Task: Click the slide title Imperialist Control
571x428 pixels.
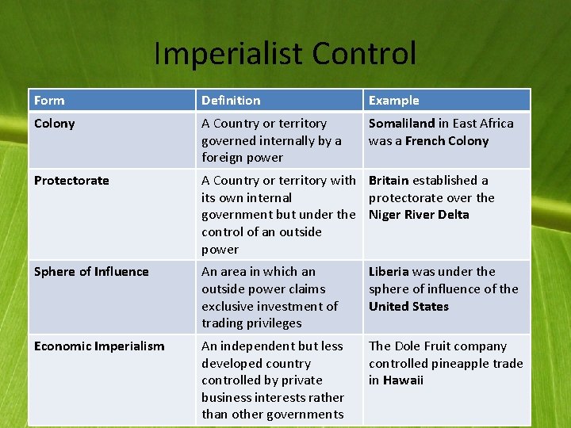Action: pyautogui.click(x=285, y=54)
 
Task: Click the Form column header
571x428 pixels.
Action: pyautogui.click(x=49, y=101)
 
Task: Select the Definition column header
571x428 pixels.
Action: pyautogui.click(x=231, y=101)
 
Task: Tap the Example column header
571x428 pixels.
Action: pyautogui.click(x=393, y=101)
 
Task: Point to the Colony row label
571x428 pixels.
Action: pyautogui.click(x=54, y=124)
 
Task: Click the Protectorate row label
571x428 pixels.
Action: pyautogui.click(x=71, y=181)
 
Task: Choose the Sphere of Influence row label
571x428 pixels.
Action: pyautogui.click(x=91, y=272)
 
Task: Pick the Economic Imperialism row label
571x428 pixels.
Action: pyautogui.click(x=99, y=346)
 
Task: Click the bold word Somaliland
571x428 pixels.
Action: pyautogui.click(x=401, y=124)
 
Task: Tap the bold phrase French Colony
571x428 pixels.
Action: pyautogui.click(x=446, y=141)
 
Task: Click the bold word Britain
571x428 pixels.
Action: pyautogui.click(x=389, y=181)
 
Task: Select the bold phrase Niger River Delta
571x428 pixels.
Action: pyautogui.click(x=419, y=215)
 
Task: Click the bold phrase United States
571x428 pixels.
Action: pyautogui.click(x=408, y=307)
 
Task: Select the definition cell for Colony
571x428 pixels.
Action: pyautogui.click(x=271, y=140)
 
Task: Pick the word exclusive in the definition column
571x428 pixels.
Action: pyautogui.click(x=230, y=307)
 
